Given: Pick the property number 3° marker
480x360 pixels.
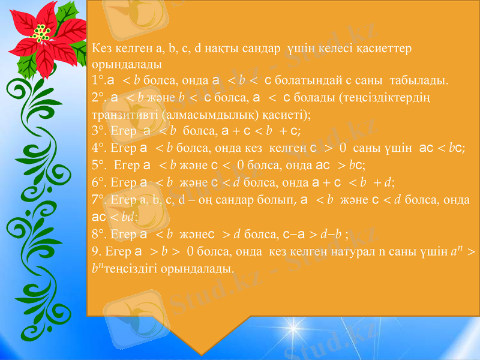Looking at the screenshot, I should [98, 130].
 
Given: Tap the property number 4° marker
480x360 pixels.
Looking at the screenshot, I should [98, 146].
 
